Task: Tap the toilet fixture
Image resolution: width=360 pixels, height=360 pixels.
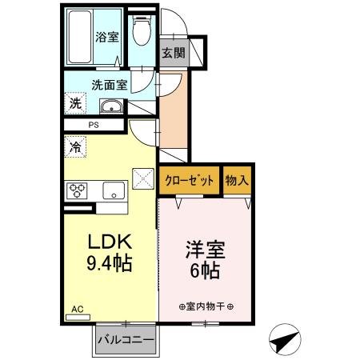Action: click(x=142, y=32)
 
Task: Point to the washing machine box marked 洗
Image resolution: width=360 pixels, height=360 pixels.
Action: click(x=74, y=102)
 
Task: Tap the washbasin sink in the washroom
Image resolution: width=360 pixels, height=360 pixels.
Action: click(x=110, y=107)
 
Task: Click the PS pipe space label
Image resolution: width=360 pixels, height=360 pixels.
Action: click(x=94, y=126)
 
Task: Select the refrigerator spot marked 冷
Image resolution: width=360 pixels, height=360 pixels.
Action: click(x=75, y=147)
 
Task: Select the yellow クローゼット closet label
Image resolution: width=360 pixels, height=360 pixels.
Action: click(x=190, y=181)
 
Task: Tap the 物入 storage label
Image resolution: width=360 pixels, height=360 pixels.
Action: click(x=237, y=181)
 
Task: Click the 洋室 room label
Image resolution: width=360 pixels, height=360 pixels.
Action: click(x=206, y=250)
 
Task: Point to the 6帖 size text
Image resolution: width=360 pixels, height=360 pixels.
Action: click(x=206, y=270)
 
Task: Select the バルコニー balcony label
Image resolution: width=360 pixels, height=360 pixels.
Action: click(x=126, y=341)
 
